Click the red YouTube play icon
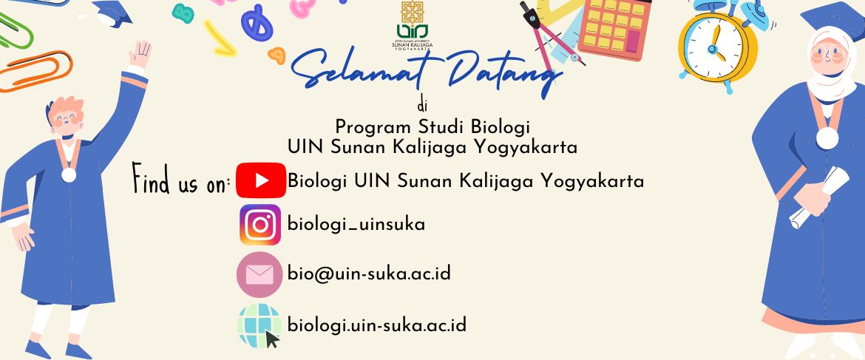260,180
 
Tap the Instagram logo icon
259,225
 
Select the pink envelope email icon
259,274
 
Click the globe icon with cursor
259,326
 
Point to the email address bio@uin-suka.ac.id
369,273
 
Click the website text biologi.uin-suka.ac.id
377,325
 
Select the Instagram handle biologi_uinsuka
356,225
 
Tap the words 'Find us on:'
181,180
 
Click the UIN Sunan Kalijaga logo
412,25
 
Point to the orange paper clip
35,71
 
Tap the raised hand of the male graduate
140,55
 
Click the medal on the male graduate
69,174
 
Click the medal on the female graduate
827,137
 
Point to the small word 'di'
423,105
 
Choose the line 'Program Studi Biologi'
432,128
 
